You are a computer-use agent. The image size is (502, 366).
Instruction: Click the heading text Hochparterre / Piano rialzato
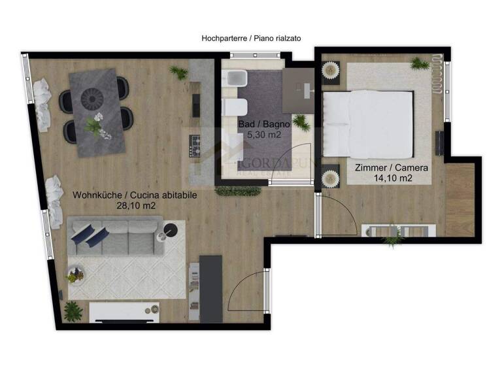pos(250,39)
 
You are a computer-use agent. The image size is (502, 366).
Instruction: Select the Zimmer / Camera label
pos(392,167)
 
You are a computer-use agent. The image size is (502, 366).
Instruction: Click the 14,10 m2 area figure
pos(392,178)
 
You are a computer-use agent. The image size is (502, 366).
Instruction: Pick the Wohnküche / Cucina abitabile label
pos(135,194)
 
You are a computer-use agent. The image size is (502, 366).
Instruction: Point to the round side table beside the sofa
pos(170,229)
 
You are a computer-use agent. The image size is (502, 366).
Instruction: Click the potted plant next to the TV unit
pos(74,310)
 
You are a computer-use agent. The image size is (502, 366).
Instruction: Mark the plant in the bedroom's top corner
pos(420,63)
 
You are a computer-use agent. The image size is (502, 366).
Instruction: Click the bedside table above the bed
pos(331,70)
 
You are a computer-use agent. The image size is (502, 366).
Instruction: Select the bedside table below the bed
pos(331,176)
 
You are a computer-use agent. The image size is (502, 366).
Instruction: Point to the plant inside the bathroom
pos(301,122)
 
